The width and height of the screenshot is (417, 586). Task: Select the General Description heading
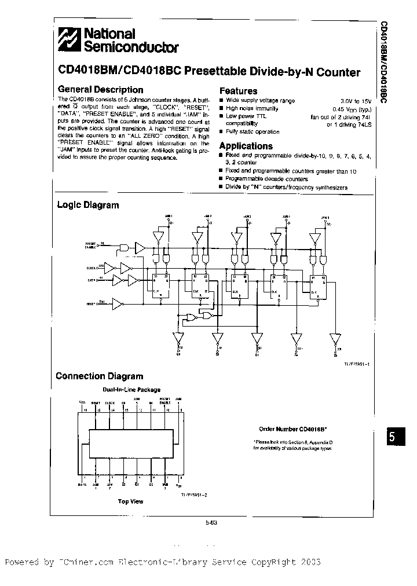[x=101, y=90]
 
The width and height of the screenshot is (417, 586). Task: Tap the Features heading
[x=238, y=91]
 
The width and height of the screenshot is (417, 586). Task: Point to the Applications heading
[x=246, y=146]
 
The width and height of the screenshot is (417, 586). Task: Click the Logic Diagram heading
[x=87, y=204]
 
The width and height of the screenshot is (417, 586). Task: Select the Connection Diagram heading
[x=99, y=376]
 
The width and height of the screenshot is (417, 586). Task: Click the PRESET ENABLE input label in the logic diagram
[x=92, y=246]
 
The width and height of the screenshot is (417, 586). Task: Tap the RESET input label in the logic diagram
[x=92, y=303]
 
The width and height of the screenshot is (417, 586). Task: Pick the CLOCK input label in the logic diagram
[x=93, y=268]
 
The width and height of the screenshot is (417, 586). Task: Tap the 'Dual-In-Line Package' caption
[x=131, y=390]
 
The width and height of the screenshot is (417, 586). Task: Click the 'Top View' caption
[x=130, y=501]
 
